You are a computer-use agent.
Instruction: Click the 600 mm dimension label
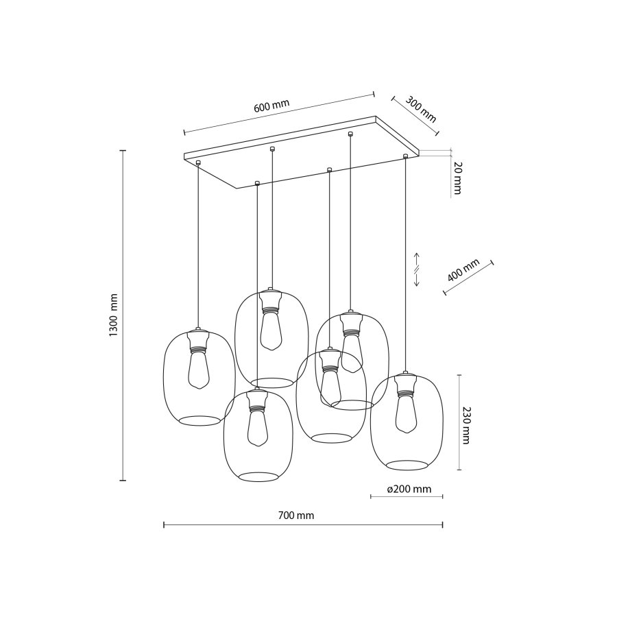click(271, 106)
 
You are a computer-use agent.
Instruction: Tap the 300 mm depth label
click(420, 110)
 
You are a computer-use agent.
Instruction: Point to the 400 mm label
click(463, 272)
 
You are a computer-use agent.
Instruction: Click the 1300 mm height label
click(114, 315)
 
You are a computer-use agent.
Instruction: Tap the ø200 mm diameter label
click(409, 489)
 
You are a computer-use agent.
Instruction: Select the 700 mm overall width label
click(297, 516)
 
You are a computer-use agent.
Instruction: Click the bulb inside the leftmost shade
click(198, 370)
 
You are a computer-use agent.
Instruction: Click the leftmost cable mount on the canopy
click(198, 162)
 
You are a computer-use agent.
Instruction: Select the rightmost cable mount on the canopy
click(405, 157)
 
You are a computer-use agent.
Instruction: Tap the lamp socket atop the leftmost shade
click(198, 340)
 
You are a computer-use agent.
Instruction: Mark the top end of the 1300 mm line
click(123, 151)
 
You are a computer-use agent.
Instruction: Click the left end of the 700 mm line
click(164, 525)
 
